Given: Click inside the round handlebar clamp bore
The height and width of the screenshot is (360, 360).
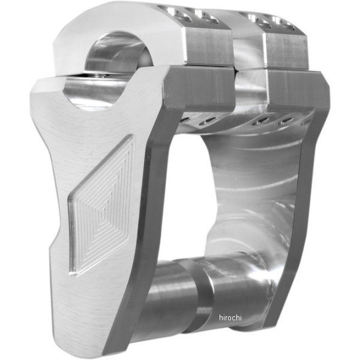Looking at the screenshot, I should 114,55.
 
